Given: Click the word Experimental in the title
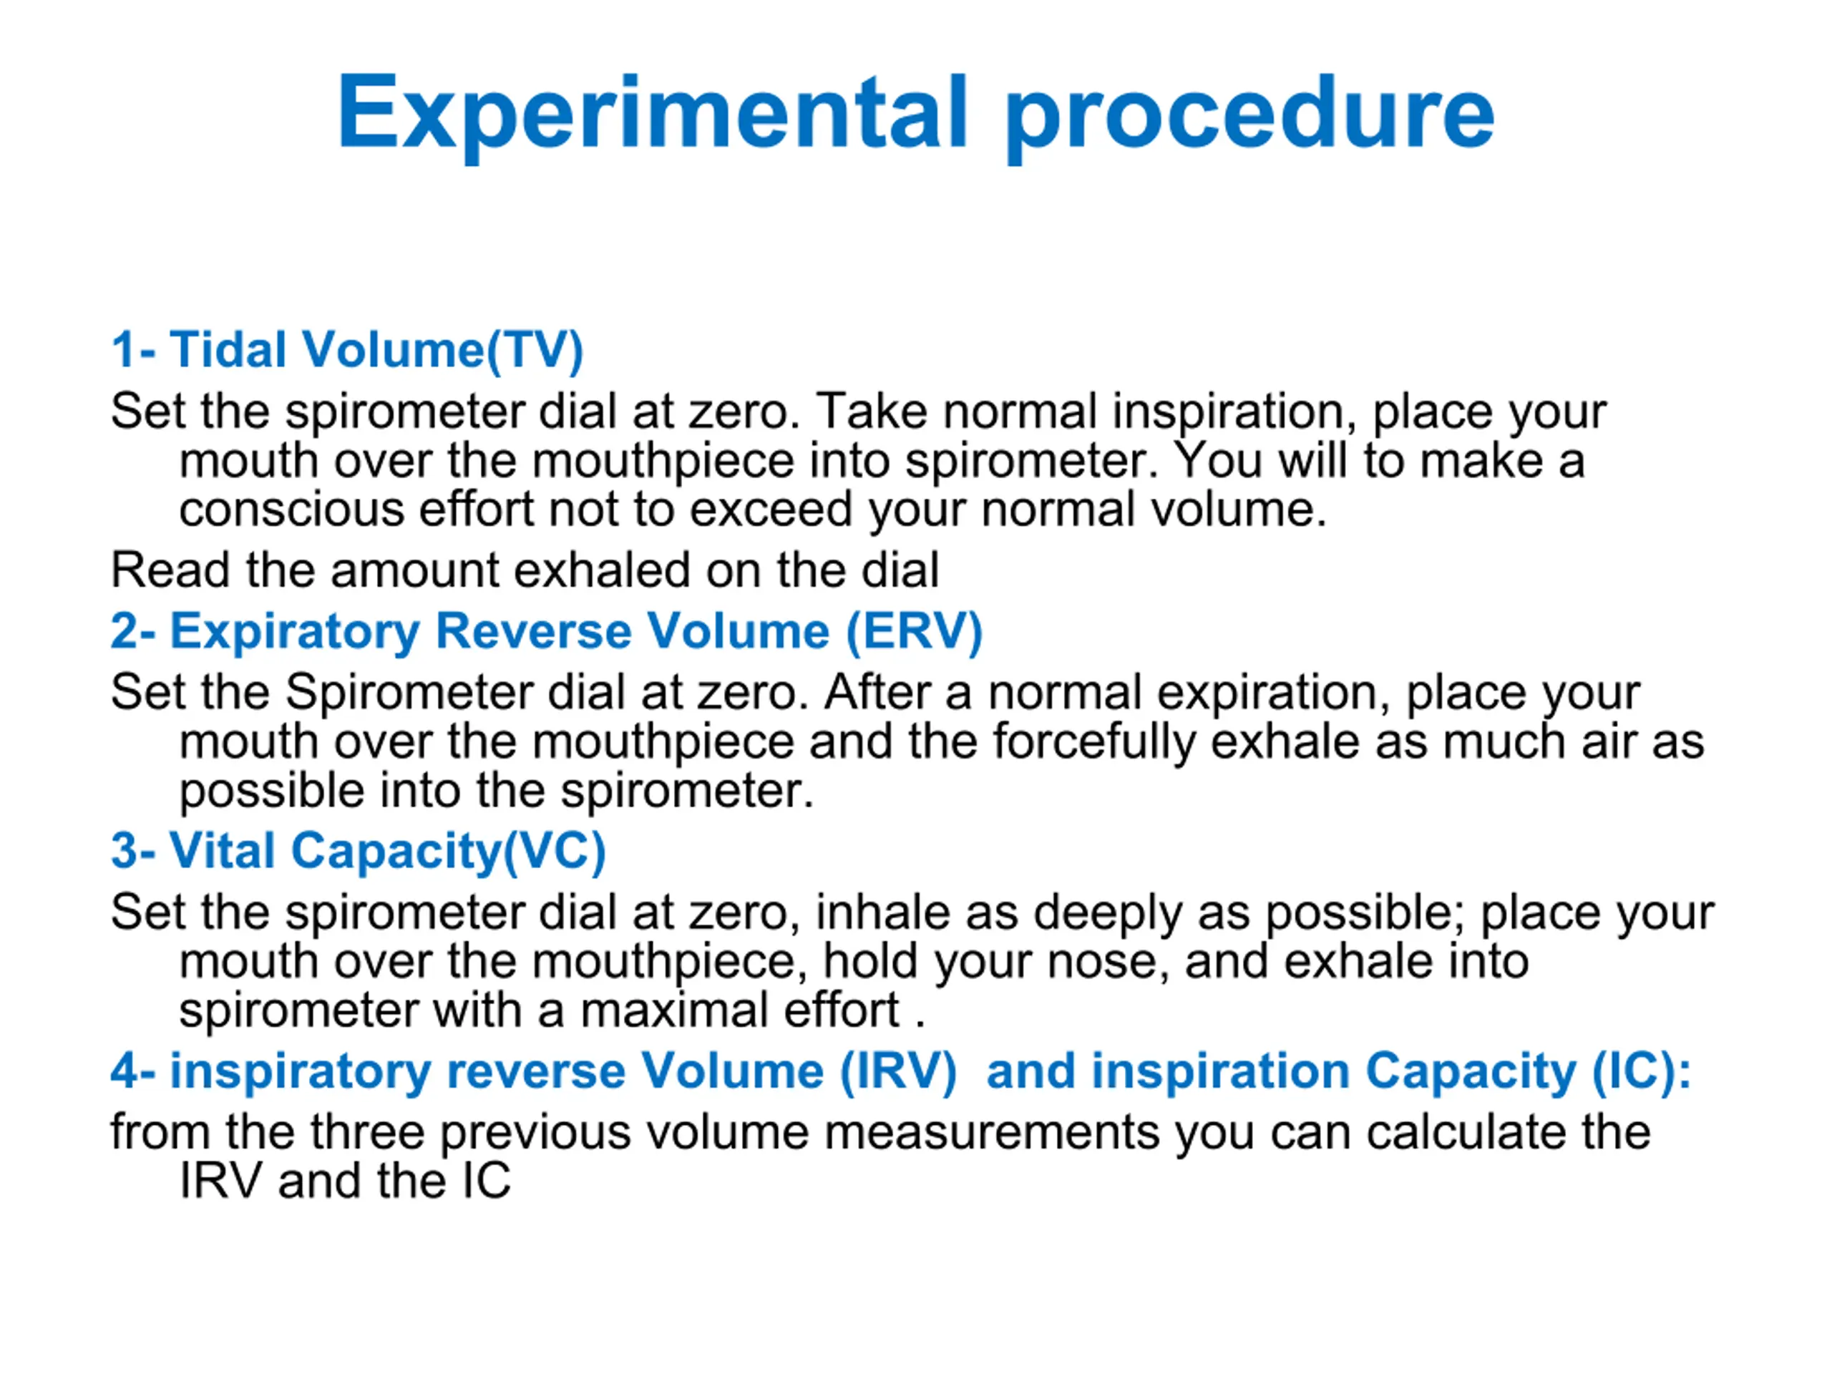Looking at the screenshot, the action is tap(652, 114).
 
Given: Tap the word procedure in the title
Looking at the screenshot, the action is tap(1249, 114).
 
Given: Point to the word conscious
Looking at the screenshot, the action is tap(291, 510).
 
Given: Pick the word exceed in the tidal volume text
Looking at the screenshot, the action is tap(770, 510).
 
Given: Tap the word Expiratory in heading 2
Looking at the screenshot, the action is tap(295, 633).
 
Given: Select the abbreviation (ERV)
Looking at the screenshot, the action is tap(914, 632).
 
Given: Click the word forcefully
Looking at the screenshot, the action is tap(1094, 741).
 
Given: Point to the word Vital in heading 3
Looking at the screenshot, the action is tap(222, 851).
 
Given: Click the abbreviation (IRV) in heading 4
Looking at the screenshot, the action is tap(899, 1072).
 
